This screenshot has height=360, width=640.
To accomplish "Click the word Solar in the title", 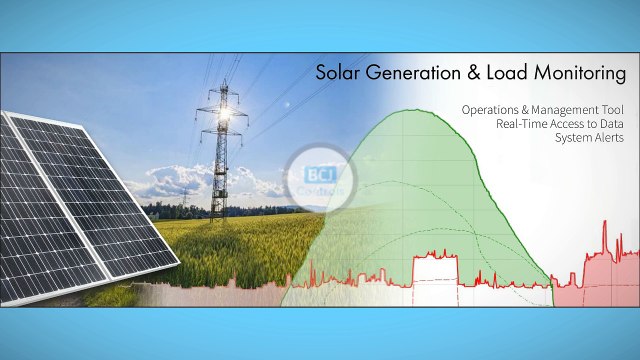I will tap(337, 73).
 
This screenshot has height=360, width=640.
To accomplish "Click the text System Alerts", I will tap(589, 137).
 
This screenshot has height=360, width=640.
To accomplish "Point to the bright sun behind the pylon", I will tap(225, 116).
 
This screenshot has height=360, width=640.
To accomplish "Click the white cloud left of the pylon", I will tap(165, 183).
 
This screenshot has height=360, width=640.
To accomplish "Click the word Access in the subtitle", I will tap(572, 123).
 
